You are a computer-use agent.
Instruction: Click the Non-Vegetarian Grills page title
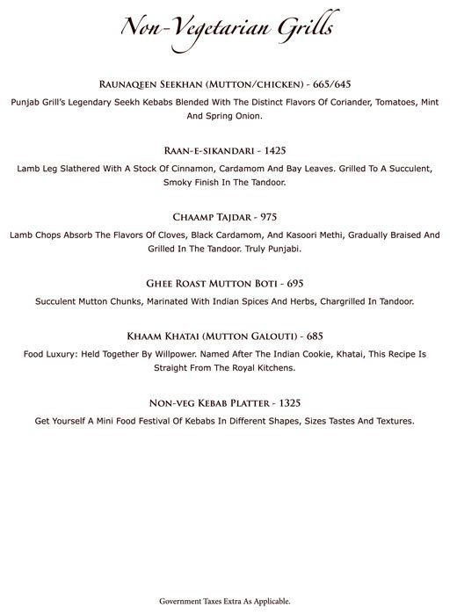click(228, 30)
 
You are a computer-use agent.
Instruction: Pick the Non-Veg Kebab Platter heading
click(207, 402)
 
